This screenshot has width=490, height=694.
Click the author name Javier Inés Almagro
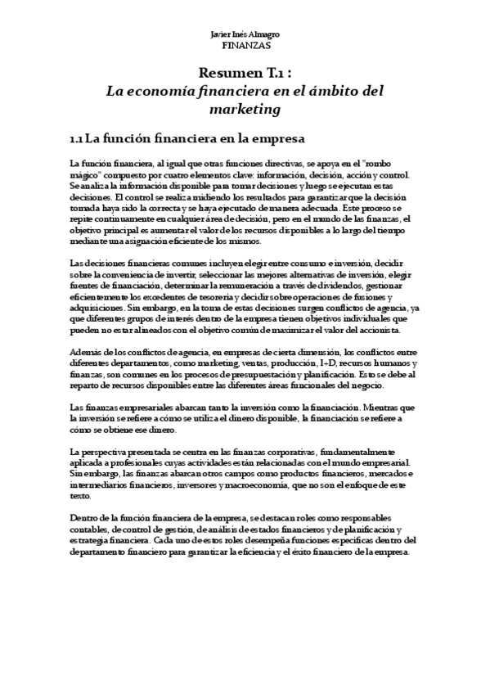[245, 36]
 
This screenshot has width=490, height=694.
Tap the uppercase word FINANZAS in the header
[245, 47]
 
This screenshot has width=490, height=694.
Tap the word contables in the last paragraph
[91, 530]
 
